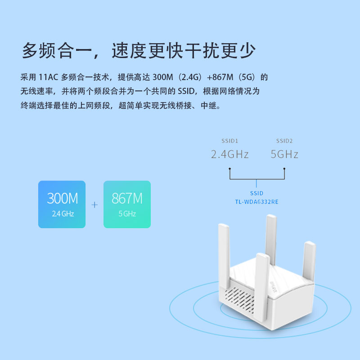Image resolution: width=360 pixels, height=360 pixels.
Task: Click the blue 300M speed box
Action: point(62,204)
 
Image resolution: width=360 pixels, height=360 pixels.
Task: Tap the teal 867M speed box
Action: point(127,204)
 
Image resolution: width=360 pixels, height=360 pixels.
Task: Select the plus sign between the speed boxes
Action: point(94,205)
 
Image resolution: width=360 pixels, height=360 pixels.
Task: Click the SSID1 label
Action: point(229,140)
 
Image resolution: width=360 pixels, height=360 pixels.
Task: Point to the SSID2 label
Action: point(284,140)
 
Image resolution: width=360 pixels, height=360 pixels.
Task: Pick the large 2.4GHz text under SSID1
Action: point(230,154)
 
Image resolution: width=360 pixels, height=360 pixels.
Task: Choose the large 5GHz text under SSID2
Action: point(284,154)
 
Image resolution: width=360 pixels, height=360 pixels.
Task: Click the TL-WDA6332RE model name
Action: point(256,202)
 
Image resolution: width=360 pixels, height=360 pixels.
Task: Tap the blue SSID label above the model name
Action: point(256,193)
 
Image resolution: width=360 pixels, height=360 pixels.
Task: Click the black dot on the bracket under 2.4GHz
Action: point(229,169)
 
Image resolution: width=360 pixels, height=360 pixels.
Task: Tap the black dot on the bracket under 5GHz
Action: point(284,169)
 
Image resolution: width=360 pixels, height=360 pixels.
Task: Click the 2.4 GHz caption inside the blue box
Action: point(62,214)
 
